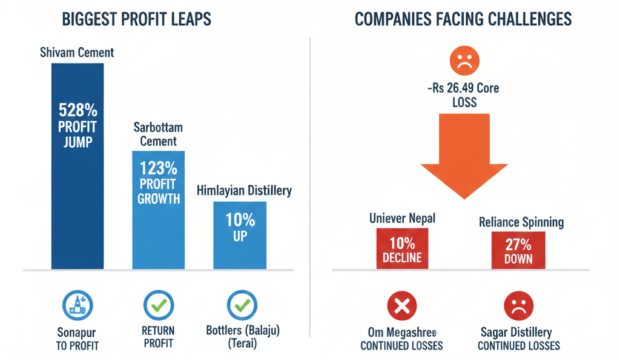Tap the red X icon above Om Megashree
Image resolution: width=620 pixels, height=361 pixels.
tap(401, 306)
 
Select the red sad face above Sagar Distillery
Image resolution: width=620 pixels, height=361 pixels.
tap(518, 306)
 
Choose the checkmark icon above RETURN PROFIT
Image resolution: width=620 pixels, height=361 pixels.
tap(159, 306)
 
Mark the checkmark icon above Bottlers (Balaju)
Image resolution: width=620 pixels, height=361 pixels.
tap(242, 306)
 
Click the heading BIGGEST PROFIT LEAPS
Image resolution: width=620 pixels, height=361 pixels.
tap(136, 19)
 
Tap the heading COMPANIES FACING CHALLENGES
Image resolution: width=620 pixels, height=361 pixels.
tap(463, 19)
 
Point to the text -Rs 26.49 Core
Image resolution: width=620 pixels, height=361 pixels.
tap(464, 88)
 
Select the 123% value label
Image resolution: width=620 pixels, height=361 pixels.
tap(159, 168)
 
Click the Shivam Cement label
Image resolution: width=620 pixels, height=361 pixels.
tap(77, 53)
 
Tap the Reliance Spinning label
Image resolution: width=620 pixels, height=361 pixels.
tap(521, 222)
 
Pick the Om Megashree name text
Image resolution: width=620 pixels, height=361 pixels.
tap(401, 333)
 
